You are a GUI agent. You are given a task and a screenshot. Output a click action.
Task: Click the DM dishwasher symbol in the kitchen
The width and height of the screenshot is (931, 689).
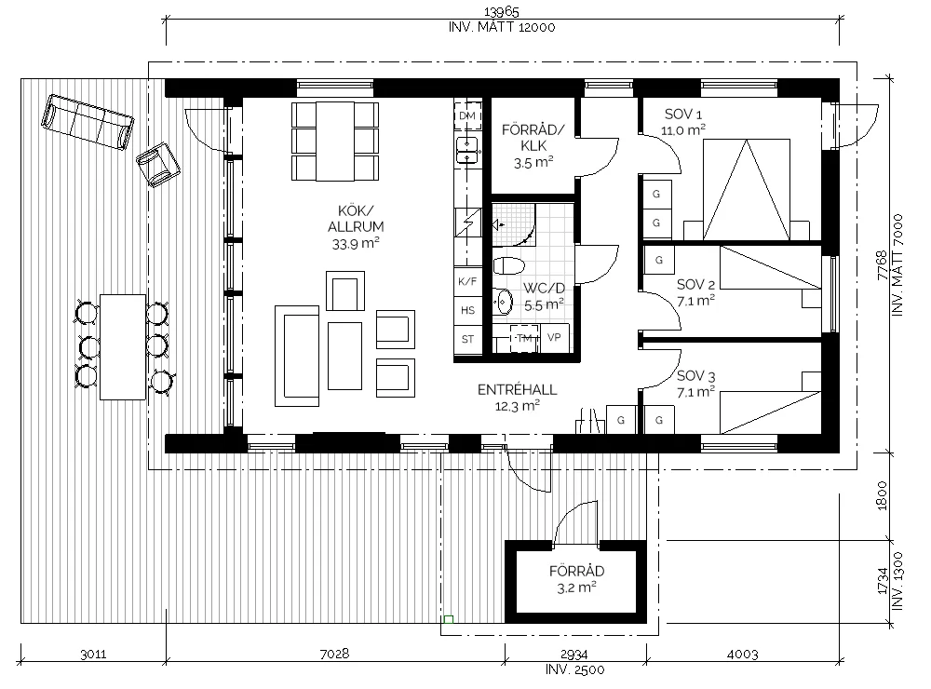pyautogui.click(x=467, y=115)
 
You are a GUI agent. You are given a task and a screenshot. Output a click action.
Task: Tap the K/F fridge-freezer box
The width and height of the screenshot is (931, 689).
pyautogui.click(x=468, y=281)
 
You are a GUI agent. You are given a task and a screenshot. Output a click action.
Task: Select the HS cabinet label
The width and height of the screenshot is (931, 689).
pyautogui.click(x=468, y=310)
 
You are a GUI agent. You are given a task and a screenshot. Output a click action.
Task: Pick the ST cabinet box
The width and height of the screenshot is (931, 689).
pyautogui.click(x=468, y=339)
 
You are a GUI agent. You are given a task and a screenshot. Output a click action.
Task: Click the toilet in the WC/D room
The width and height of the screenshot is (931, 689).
pyautogui.click(x=508, y=265)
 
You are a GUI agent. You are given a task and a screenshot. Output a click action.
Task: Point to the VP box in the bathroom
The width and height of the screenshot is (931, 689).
pyautogui.click(x=555, y=338)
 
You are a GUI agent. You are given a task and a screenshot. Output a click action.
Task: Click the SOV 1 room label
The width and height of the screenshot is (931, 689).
pyautogui.click(x=682, y=115)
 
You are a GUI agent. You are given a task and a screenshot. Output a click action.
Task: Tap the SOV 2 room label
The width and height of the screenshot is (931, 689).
pyautogui.click(x=695, y=285)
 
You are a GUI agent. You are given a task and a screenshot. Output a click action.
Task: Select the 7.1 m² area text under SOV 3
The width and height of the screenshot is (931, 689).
pyautogui.click(x=695, y=392)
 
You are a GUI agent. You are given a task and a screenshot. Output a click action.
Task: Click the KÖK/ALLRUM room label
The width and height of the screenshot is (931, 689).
pyautogui.click(x=356, y=219)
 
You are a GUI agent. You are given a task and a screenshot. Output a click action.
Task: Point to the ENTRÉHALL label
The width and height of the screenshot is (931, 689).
pyautogui.click(x=517, y=389)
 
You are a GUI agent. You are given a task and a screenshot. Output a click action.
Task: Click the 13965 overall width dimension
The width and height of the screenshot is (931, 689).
pyautogui.click(x=502, y=11)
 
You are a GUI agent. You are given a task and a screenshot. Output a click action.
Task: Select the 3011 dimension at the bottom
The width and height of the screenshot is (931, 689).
pyautogui.click(x=93, y=654)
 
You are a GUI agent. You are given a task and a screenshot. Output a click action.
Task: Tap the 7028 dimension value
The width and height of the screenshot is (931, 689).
pyautogui.click(x=335, y=654)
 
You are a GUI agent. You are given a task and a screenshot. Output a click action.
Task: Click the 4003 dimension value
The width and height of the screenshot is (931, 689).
pyautogui.click(x=743, y=654)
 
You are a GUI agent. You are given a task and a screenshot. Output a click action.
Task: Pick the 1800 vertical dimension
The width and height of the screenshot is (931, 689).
pyautogui.click(x=882, y=495)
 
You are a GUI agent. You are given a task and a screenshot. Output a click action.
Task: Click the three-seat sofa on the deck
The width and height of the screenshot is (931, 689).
pyautogui.click(x=88, y=122)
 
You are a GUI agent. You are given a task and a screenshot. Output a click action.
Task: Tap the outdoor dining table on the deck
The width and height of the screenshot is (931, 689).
pyautogui.click(x=123, y=347)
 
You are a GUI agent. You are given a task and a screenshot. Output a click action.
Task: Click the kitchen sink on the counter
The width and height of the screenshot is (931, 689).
pyautogui.click(x=467, y=150)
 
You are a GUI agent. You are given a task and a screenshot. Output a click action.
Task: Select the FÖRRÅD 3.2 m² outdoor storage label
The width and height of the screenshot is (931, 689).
pyautogui.click(x=576, y=579)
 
